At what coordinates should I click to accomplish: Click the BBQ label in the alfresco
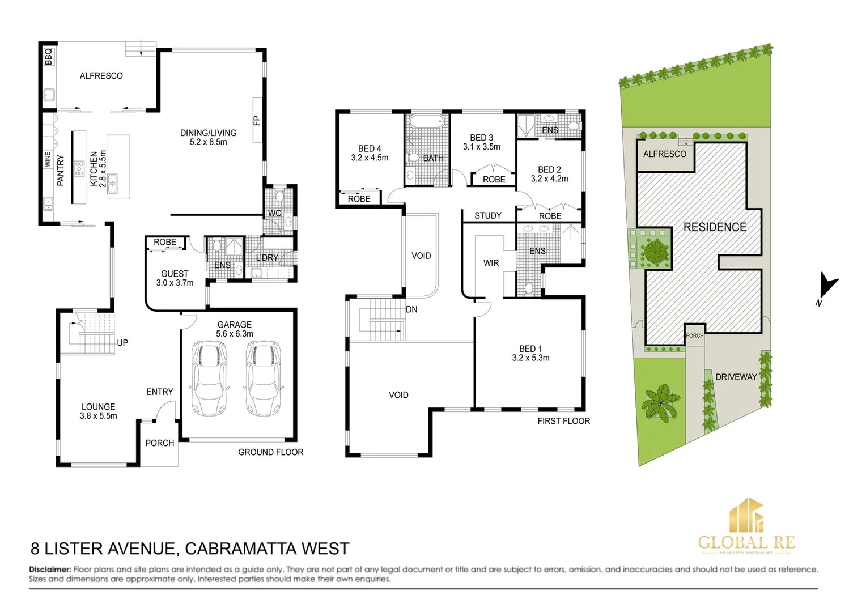(48, 56)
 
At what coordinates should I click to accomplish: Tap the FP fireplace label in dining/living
(257, 120)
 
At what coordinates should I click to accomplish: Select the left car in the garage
(209, 377)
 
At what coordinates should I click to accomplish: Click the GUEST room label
(175, 274)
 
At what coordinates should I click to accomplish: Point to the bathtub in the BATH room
(426, 122)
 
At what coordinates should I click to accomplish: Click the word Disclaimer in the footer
(50, 569)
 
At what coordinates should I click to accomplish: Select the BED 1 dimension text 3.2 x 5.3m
(530, 358)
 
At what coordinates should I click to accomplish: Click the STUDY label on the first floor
(488, 215)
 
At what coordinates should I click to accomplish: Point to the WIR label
(491, 263)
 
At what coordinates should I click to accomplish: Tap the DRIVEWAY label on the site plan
(736, 377)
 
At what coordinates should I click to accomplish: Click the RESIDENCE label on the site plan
(715, 227)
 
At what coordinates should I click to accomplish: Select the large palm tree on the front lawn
(660, 402)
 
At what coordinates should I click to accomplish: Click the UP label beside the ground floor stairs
(122, 343)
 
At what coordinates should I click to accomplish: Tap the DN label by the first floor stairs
(411, 309)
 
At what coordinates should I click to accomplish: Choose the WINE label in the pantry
(48, 159)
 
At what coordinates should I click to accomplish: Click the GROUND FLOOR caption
(270, 452)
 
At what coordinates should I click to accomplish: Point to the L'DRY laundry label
(267, 257)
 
